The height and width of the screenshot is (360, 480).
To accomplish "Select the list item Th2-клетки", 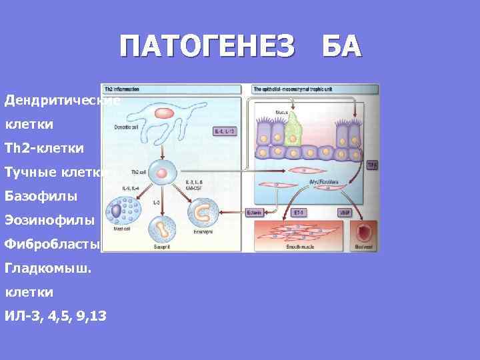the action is [x=44, y=148].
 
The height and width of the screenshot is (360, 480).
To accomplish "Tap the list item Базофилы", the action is [x=41, y=196].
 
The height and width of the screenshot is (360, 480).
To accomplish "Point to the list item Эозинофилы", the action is [x=49, y=220].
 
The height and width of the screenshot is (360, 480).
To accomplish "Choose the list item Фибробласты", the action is [x=52, y=244].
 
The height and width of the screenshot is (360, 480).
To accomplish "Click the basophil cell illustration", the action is [x=163, y=230].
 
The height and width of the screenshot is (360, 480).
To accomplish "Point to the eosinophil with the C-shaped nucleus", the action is [x=203, y=214].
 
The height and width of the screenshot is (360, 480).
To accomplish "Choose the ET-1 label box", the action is [x=300, y=213].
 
